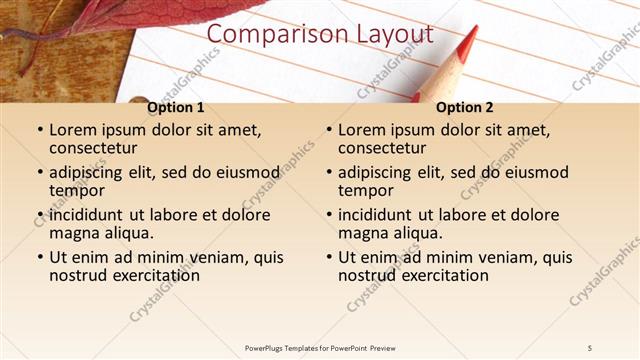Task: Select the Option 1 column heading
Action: [x=175, y=107]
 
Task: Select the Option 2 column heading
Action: [x=465, y=107]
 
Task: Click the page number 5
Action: [x=590, y=347]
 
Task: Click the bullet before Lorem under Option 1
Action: [x=39, y=131]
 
